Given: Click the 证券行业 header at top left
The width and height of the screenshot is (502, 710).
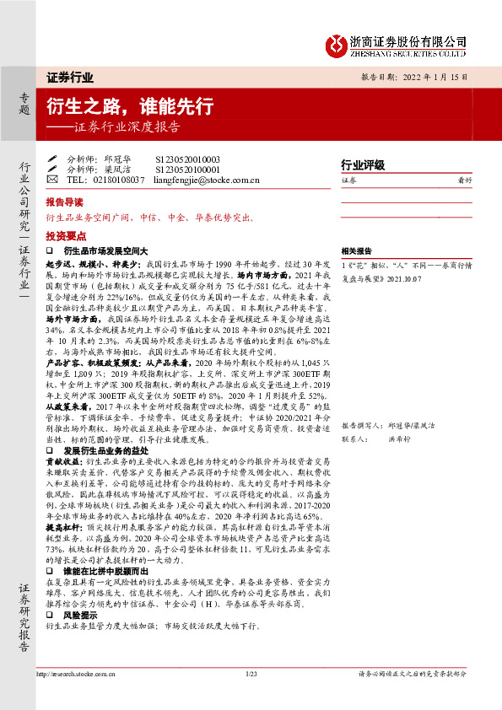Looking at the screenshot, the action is (70, 77).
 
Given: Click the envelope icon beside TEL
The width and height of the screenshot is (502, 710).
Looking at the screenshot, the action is (51, 180).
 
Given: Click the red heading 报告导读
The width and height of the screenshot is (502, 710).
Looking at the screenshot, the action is (65, 203).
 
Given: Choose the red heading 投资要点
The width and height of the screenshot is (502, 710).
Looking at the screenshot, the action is (65, 237).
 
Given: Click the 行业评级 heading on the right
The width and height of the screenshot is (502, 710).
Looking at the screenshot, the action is (362, 164).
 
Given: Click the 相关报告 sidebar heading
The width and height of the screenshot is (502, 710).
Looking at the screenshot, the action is (356, 251).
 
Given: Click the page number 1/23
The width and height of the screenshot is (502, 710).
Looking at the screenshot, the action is (251, 675).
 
